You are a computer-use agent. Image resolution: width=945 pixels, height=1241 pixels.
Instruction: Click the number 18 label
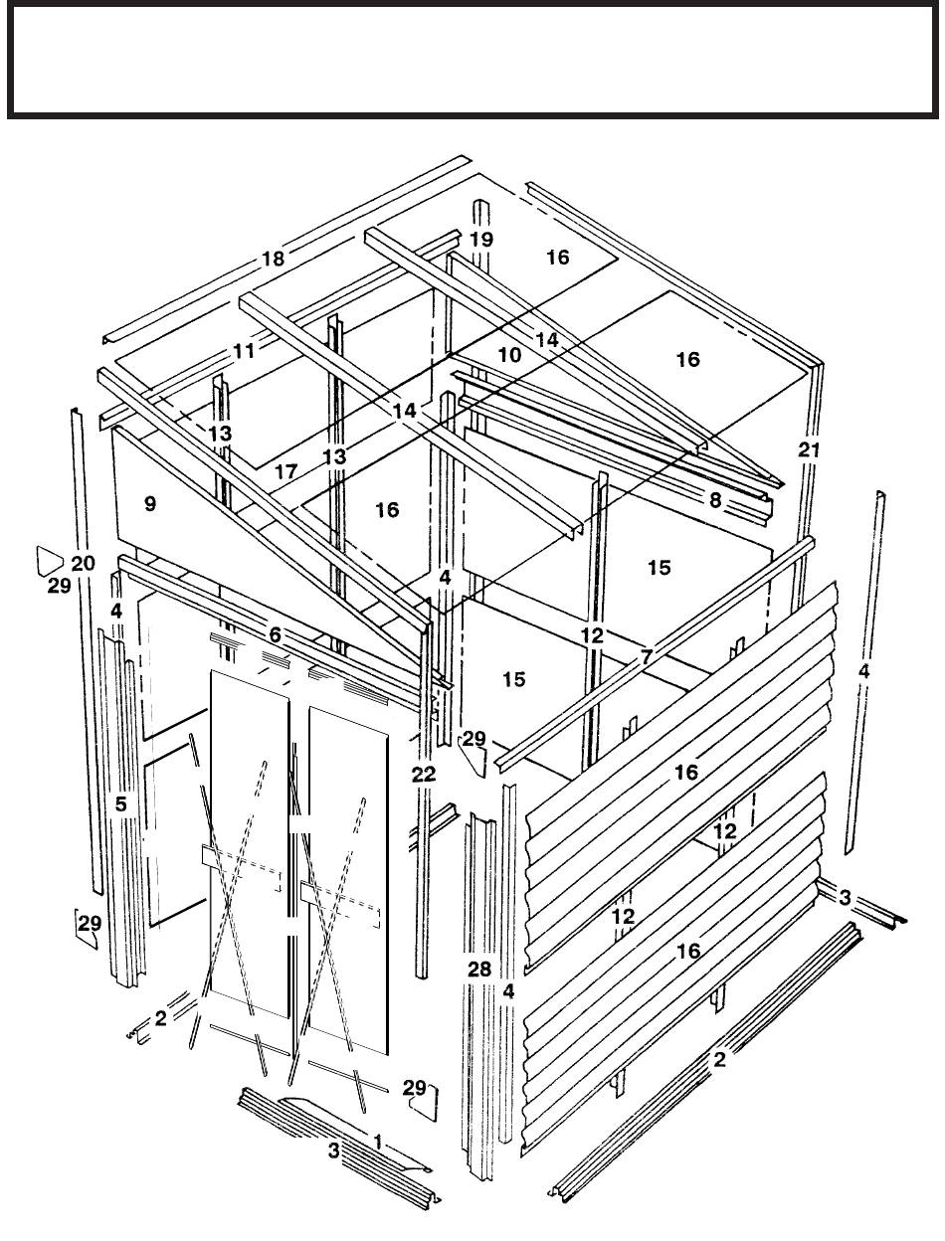(x=274, y=259)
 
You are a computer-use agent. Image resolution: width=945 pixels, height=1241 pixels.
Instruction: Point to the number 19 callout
(x=481, y=240)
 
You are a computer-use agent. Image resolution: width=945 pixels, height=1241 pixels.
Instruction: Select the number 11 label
(x=245, y=351)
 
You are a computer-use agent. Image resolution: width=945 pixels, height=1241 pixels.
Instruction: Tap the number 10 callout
(x=509, y=354)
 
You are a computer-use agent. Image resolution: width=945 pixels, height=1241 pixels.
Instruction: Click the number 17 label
(x=286, y=471)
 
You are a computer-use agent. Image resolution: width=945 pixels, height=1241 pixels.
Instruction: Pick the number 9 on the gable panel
(x=150, y=503)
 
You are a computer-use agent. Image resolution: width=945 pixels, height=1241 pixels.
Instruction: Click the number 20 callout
(x=84, y=563)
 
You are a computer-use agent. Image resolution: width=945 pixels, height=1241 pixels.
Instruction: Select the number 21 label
(x=809, y=450)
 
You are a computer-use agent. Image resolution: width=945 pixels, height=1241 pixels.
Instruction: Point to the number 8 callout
(x=715, y=500)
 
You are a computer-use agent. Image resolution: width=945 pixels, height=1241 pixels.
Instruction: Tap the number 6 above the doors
(x=275, y=634)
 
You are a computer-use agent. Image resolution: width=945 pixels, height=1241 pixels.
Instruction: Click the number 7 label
(x=647, y=657)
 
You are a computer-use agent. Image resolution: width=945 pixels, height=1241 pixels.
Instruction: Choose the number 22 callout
(x=424, y=774)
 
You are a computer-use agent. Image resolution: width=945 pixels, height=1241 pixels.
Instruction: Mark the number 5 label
(x=121, y=803)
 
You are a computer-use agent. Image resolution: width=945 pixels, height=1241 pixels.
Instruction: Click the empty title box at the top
(x=472, y=60)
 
